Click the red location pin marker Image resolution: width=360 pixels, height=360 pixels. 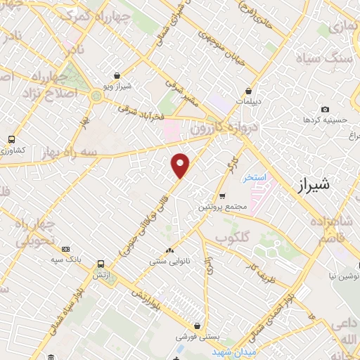[181, 165]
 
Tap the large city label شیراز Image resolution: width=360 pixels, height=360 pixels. [314, 185]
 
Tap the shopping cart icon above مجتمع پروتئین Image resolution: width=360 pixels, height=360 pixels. [222, 196]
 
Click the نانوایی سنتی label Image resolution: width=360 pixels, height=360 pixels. [167, 261]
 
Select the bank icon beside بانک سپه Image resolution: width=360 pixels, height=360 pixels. [66, 248]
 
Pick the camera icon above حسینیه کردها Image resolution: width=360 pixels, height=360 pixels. [325, 109]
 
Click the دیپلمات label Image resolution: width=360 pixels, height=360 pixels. [249, 101]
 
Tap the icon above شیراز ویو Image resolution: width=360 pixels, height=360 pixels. [116, 76]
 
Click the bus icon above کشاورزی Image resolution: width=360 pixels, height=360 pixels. [11, 139]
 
